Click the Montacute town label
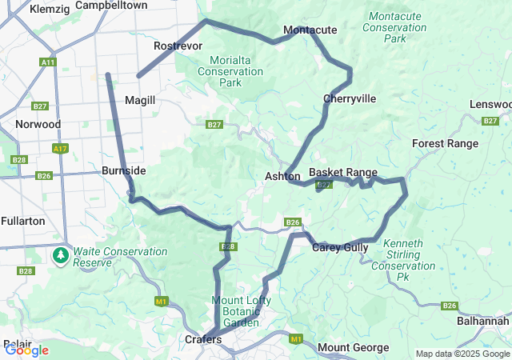pos(310,30)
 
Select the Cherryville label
pos(350,98)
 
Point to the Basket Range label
pos(343,172)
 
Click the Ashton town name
pos(282,176)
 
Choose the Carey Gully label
pos(340,247)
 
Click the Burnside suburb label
pos(123,170)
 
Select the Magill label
pos(140,100)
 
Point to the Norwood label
pos(38,124)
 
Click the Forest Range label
pos(445,144)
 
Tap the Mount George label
pos(353,348)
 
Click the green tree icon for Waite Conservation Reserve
pos(61,256)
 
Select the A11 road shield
pos(48,62)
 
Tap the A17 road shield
pos(59,149)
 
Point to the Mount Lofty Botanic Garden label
pos(241,311)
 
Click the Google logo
pos(26,350)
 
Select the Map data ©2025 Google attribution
pos(462,354)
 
